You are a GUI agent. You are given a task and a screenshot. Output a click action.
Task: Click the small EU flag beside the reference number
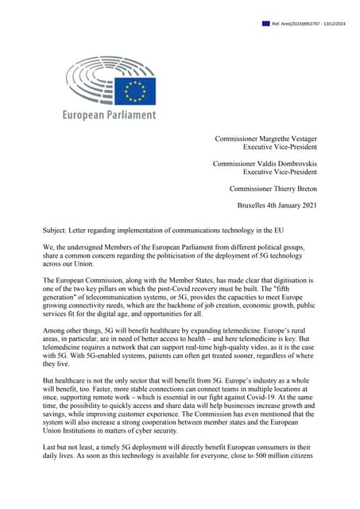266,24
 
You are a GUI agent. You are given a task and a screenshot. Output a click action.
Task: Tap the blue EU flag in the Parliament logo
137,91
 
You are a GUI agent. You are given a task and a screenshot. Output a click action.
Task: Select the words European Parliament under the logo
110,115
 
